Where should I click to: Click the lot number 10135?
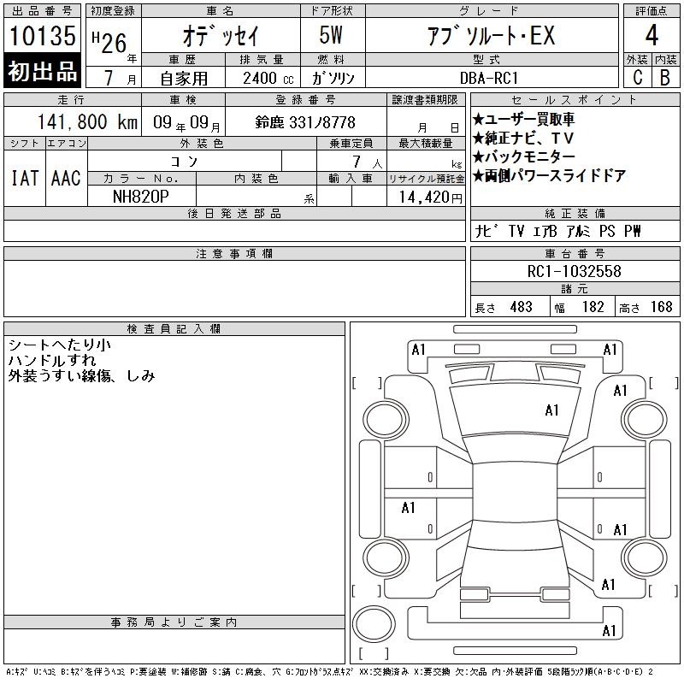tap(42, 35)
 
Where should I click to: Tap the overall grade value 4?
tap(652, 35)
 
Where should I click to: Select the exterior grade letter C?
tap(637, 78)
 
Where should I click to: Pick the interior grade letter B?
tap(665, 78)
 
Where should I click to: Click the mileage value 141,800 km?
tap(87, 121)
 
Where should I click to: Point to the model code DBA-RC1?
tap(489, 78)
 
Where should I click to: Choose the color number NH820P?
tap(140, 197)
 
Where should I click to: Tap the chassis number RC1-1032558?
tap(574, 271)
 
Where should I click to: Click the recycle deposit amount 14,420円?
tap(430, 198)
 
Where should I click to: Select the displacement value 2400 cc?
tap(268, 78)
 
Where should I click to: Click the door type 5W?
tap(331, 35)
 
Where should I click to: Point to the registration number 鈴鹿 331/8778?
tap(305, 122)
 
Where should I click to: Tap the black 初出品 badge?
tap(42, 71)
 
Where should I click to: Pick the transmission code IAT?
tap(25, 178)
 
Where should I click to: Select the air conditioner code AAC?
tap(66, 178)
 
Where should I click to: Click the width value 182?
tap(593, 307)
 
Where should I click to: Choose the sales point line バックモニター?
tap(523, 156)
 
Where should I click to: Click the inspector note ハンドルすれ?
tap(52, 360)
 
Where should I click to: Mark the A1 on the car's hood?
tap(551, 410)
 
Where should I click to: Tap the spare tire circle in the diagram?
tap(374, 623)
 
